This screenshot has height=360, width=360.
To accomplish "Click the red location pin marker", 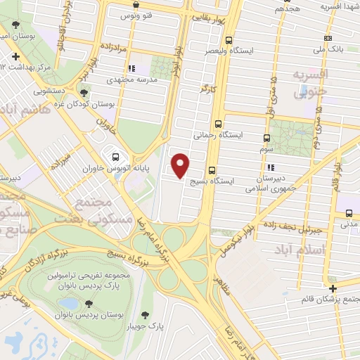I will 181,165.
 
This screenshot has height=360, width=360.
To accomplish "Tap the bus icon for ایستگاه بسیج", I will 212,169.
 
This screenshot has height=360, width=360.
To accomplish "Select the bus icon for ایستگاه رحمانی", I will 219,122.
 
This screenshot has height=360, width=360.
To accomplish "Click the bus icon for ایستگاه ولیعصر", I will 229,41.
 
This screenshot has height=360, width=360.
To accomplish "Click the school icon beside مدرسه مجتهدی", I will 131,69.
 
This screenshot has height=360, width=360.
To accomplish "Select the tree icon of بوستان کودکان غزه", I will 84,92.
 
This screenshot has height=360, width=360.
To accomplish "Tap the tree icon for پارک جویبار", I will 145,314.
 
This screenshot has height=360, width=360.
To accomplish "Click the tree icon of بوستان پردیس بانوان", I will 89,304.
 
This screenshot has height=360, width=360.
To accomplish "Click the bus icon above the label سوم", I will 266,138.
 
